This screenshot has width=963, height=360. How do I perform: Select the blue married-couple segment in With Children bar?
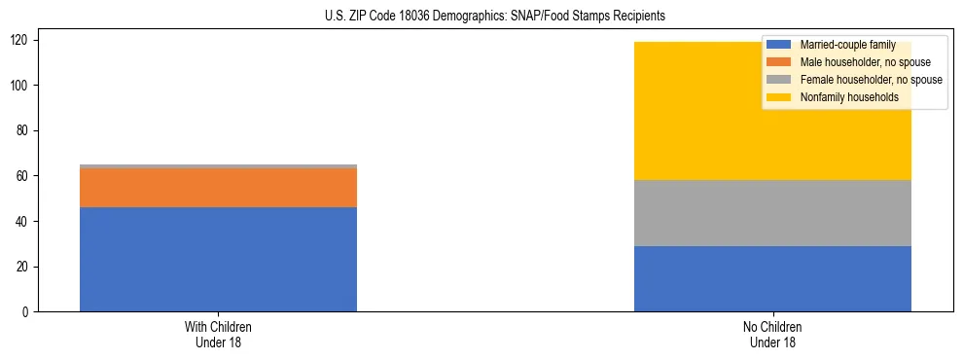(x=218, y=259)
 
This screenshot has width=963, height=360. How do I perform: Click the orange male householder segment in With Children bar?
(x=218, y=188)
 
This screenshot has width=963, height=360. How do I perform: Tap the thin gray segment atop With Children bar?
(x=218, y=166)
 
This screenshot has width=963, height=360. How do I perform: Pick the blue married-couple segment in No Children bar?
(x=772, y=278)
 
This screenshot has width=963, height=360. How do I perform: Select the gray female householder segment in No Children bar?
(x=772, y=213)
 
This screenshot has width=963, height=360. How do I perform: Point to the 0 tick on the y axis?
(x=28, y=312)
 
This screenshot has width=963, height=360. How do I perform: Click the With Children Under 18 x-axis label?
(x=218, y=335)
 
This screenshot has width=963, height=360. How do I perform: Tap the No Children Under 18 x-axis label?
(x=772, y=335)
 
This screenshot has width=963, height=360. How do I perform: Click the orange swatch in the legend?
(x=779, y=62)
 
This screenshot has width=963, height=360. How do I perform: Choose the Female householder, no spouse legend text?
(x=871, y=80)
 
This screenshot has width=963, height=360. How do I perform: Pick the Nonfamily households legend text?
(x=842, y=97)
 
